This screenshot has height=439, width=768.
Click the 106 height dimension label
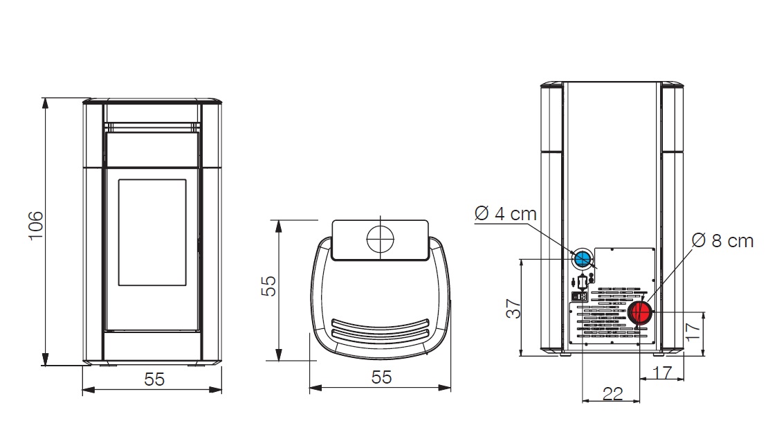(x=36, y=225)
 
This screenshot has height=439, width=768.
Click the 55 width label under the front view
(x=154, y=379)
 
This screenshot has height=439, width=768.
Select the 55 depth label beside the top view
(x=268, y=286)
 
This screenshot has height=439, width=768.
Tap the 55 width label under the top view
(x=381, y=377)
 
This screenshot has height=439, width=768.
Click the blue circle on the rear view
(x=582, y=259)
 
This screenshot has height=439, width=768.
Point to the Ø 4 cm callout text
(x=506, y=214)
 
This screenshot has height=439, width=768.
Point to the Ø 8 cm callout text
(x=722, y=240)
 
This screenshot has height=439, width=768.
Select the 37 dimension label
(x=513, y=309)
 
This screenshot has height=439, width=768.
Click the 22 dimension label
(x=612, y=393)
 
